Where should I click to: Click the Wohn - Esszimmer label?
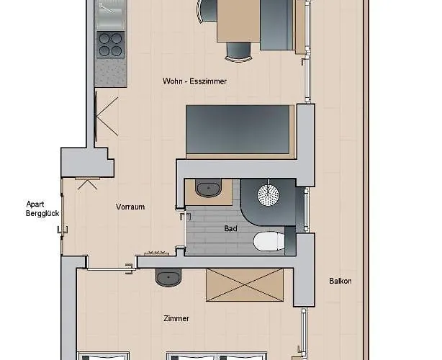point(194,81)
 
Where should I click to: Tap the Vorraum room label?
point(130,207)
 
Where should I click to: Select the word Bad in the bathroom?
point(230,228)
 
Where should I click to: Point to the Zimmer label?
point(176,318)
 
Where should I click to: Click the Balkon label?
point(340,281)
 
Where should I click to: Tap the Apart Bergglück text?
point(42,209)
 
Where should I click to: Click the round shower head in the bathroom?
point(268,194)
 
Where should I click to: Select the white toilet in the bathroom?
point(269,241)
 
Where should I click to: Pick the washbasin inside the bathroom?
point(208,188)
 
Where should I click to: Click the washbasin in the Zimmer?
point(168,277)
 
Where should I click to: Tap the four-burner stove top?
point(110,45)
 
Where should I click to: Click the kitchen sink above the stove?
point(110,14)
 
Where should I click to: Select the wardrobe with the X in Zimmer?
point(245,285)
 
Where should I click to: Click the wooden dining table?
point(238,21)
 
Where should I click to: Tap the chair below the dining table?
point(238,51)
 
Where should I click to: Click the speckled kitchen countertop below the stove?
point(111,73)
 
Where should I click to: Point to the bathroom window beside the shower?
point(306,210)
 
